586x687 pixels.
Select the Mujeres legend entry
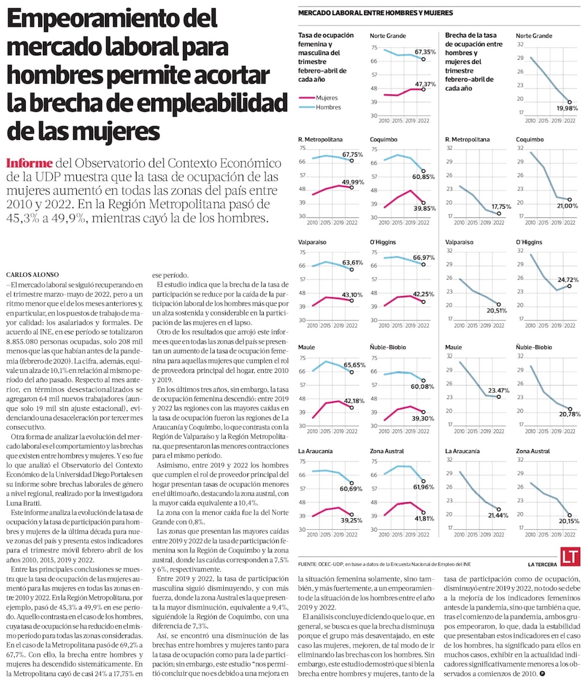click(x=326, y=98)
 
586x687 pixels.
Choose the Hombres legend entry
click(x=327, y=107)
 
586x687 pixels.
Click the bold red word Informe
click(x=29, y=163)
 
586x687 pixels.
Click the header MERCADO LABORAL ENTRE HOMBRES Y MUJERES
click(x=375, y=13)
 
